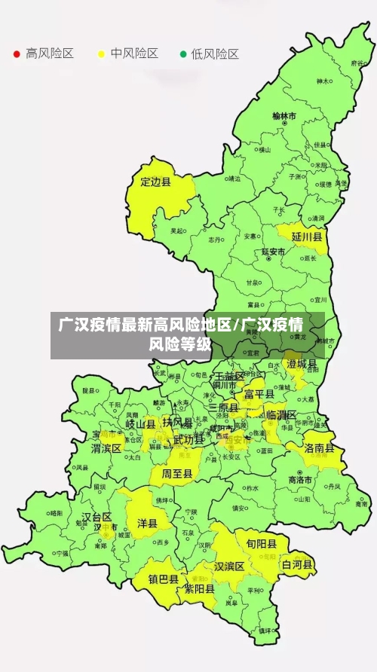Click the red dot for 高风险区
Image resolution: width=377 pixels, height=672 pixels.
coord(17,54)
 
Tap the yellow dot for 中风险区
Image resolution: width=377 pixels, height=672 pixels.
coord(101,54)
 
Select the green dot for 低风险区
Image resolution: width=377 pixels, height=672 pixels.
coord(182,54)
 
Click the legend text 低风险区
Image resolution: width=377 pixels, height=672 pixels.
coord(215,54)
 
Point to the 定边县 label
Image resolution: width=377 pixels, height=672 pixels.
coord(156,182)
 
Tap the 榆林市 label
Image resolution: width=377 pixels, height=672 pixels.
coord(284,117)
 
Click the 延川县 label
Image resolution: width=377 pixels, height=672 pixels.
coord(307,237)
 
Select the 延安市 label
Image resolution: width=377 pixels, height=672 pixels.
coord(273,252)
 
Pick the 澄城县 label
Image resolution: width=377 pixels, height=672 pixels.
coord(302,364)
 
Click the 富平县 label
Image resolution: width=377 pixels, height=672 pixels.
coord(259,394)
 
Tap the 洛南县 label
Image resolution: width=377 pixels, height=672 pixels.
coord(320,447)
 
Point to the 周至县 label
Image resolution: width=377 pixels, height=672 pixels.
coord(177,474)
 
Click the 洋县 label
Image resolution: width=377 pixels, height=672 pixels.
coord(147,523)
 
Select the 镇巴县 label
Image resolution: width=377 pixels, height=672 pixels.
coord(163,579)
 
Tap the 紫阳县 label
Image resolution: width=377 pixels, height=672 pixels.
coord(200,590)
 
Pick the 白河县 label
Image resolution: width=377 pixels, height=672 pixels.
coord(297,564)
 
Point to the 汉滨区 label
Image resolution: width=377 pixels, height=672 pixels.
coord(229,566)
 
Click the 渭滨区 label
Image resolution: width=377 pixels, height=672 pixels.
coord(106,448)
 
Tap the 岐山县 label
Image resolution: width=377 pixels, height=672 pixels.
coord(140,425)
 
